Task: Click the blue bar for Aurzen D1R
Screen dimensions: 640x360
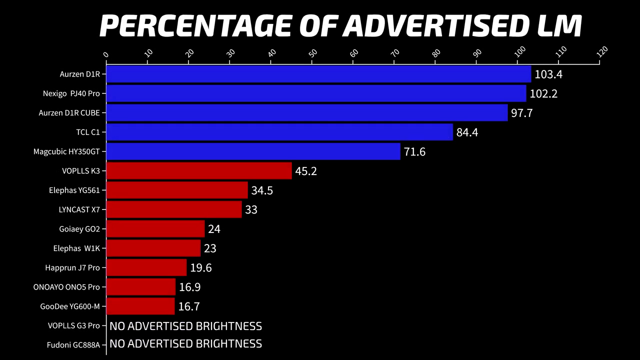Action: coord(318,74)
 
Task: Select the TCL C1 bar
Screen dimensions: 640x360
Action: coord(279,132)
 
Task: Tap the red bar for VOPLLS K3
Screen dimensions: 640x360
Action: coord(199,171)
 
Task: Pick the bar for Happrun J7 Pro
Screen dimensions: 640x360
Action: coord(146,267)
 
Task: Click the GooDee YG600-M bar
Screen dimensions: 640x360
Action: coord(140,306)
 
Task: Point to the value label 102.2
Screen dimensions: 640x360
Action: coord(543,93)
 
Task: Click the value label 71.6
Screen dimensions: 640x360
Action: coord(414,151)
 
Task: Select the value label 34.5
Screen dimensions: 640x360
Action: coord(262,190)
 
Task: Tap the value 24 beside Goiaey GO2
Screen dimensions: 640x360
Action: coord(214,229)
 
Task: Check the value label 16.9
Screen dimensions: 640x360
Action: coord(189,287)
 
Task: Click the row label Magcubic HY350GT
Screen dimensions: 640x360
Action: coord(66,151)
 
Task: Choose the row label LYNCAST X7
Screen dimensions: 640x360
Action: coord(79,209)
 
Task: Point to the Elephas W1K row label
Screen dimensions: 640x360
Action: coord(76,248)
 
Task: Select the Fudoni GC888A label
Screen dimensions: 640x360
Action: coord(73,345)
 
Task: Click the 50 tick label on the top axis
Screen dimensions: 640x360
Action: coord(313,52)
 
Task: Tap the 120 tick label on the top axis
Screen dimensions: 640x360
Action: coord(602,51)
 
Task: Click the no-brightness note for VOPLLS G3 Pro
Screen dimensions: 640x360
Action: coord(185,326)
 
